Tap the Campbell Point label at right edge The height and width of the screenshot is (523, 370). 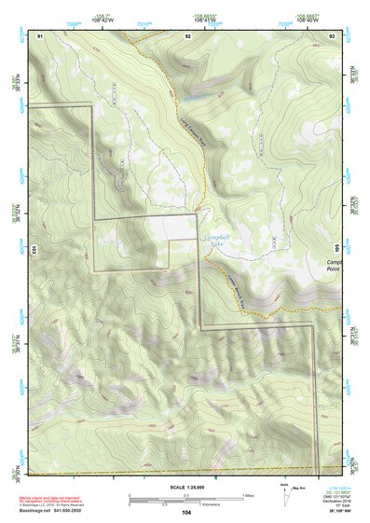[335, 267]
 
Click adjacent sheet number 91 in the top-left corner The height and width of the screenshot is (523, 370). [40, 34]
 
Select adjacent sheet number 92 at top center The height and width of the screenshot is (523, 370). [187, 34]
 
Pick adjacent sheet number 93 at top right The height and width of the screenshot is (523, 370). [332, 34]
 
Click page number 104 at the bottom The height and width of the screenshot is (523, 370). [186, 512]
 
